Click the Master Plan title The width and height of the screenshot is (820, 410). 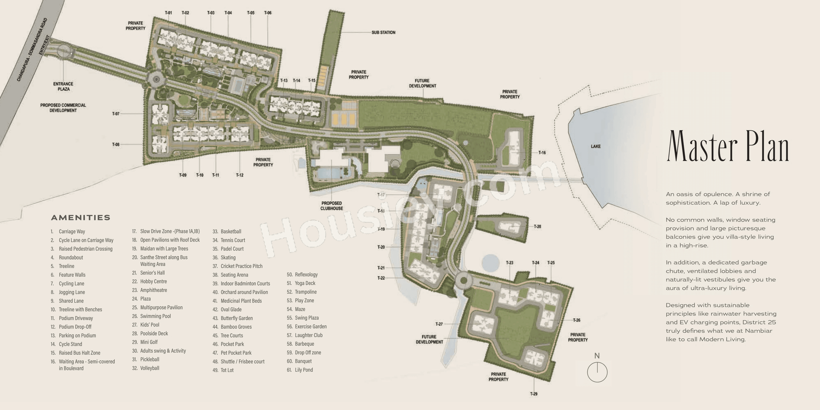tap(728, 146)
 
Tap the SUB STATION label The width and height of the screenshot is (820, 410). tap(383, 32)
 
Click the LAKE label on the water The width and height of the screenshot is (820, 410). tap(596, 146)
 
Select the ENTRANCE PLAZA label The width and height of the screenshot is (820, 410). tap(63, 86)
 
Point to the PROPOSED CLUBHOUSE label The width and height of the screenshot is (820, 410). tap(332, 206)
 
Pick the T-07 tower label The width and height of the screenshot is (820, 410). tap(116, 114)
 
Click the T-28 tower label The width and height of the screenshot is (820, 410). tap(537, 227)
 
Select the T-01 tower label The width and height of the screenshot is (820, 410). tap(168, 13)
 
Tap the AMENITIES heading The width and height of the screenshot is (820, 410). tap(81, 218)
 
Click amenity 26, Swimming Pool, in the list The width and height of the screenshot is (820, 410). tap(155, 316)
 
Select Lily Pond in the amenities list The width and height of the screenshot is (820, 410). tap(304, 370)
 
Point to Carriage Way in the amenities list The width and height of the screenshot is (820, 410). tap(72, 231)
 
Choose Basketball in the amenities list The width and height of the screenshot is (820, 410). tap(231, 231)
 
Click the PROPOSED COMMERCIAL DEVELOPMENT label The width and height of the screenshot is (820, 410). tap(63, 108)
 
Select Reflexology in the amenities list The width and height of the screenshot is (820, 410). tap(306, 274)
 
